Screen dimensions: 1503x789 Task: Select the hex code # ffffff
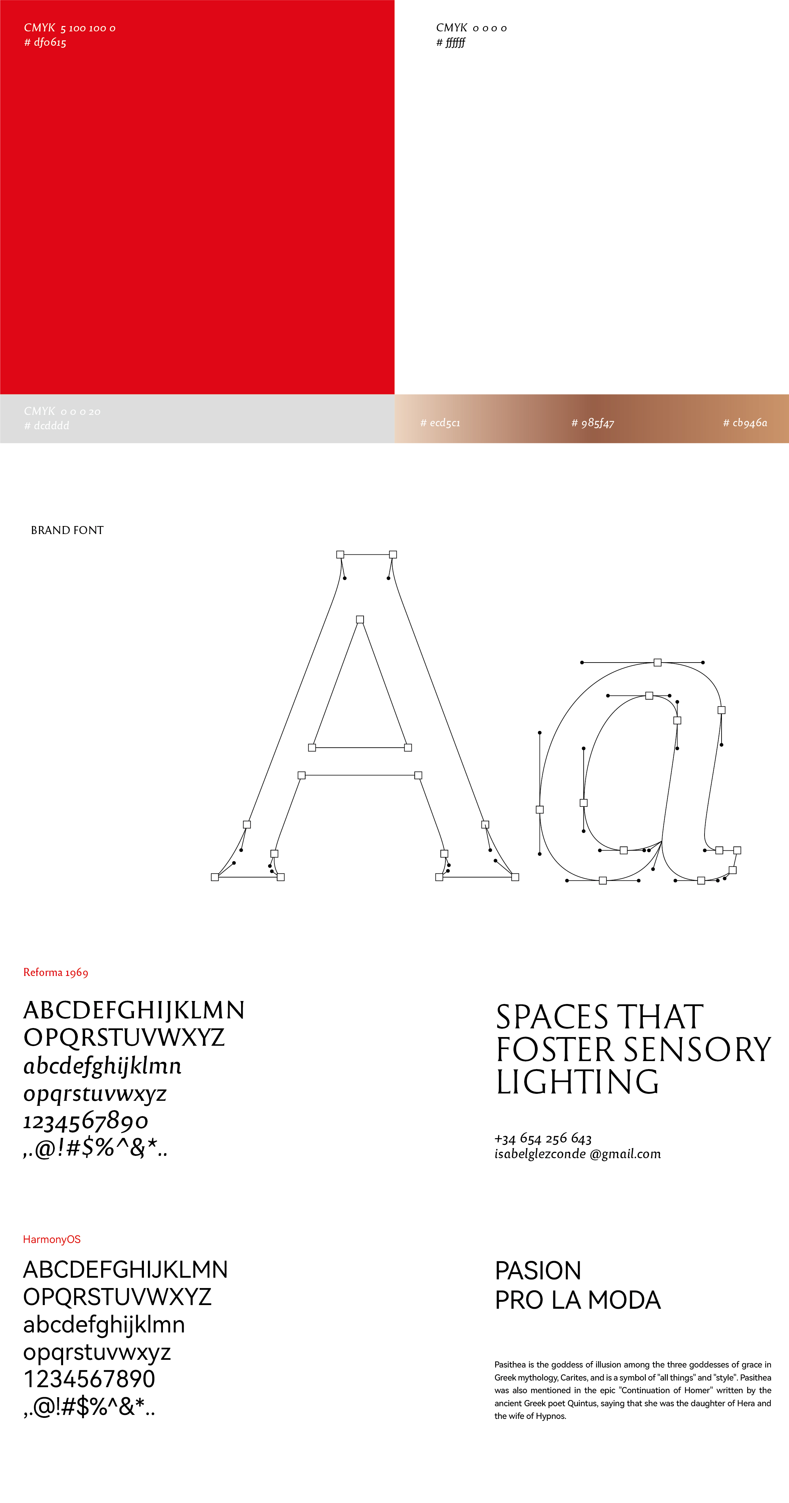[450, 43]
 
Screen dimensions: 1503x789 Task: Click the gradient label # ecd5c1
[440, 423]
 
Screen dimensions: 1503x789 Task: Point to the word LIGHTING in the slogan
[577, 1082]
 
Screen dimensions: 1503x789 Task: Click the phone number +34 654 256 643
[543, 1138]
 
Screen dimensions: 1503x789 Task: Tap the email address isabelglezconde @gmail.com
[577, 1154]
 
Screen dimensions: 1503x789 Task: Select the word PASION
[538, 1271]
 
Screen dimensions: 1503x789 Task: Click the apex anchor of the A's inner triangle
[360, 619]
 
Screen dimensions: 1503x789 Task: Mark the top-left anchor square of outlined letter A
[340, 554]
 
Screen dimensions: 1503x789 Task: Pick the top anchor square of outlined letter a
[658, 662]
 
